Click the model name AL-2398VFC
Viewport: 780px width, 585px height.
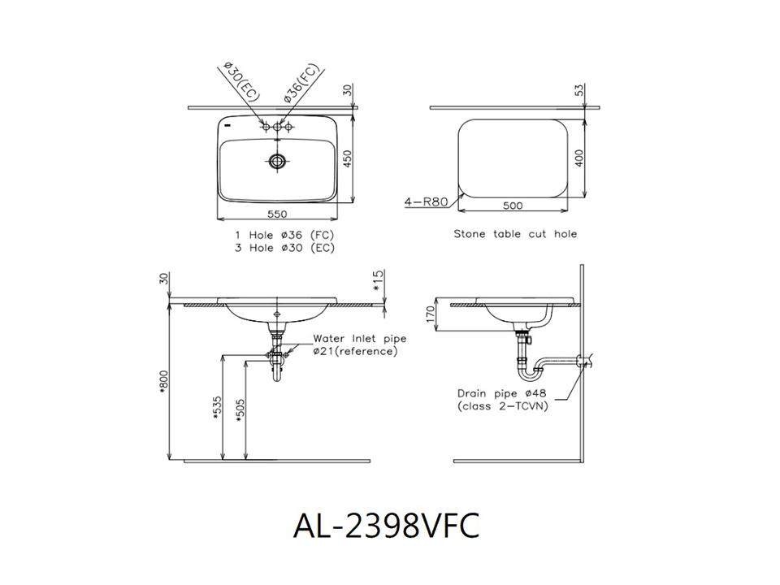386,526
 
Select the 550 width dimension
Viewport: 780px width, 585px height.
277,214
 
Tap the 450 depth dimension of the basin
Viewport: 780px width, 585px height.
348,159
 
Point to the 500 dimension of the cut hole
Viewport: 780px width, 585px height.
513,206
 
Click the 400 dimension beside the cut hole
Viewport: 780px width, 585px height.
578,158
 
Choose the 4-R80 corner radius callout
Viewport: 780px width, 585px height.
427,202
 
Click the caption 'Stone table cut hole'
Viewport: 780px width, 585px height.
515,234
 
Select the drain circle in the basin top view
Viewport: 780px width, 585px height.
277,160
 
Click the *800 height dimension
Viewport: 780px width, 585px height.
165,383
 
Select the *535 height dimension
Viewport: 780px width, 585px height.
216,408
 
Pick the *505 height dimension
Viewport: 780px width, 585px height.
240,410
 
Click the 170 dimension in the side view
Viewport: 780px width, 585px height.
431,314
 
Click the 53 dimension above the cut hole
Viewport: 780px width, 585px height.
578,90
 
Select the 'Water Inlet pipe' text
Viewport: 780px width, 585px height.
360,339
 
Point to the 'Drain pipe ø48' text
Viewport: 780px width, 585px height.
501,393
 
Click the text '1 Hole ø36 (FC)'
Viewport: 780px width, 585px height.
284,235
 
